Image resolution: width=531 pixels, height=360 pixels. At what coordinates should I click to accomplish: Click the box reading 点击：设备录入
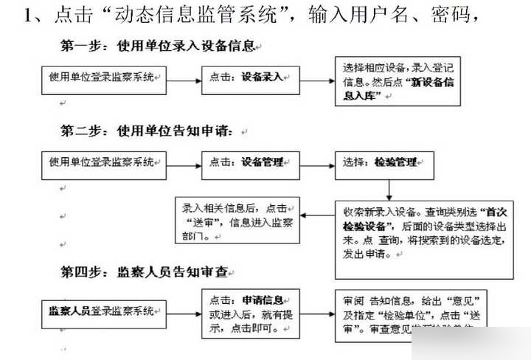pos(250,77)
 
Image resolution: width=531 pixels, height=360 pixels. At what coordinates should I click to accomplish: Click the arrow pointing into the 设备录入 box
pos(186,77)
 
